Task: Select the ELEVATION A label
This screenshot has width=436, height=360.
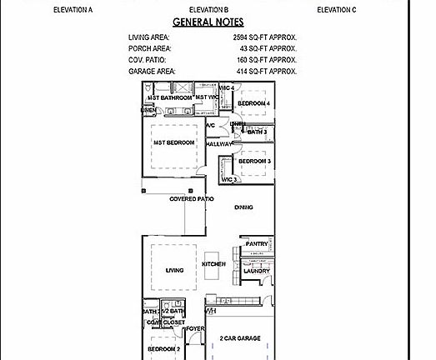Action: point(73,9)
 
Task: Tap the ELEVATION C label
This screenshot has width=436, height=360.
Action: point(336,9)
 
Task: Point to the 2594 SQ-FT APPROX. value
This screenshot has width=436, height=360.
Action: point(265,37)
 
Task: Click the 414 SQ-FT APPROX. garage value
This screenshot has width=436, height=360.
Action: point(265,72)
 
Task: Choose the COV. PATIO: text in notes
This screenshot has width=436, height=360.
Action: point(147,60)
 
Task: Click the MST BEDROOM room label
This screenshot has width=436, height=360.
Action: point(173,142)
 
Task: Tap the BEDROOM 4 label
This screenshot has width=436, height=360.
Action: point(254,103)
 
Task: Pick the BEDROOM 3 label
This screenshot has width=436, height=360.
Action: point(254,161)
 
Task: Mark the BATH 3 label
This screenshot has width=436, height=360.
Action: point(257,132)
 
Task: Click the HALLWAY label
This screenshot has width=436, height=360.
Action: point(218,144)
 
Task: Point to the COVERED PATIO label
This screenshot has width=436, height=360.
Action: point(192,199)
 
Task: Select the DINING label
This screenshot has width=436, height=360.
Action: point(243,207)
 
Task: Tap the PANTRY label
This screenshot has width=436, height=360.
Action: point(257,244)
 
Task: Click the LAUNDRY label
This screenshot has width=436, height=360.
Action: point(256,271)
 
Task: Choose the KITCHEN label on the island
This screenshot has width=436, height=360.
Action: point(213,264)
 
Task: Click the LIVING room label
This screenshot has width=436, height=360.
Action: point(174,270)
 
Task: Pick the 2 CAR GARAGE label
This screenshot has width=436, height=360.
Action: point(240,338)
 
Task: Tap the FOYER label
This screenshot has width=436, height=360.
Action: point(195,329)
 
